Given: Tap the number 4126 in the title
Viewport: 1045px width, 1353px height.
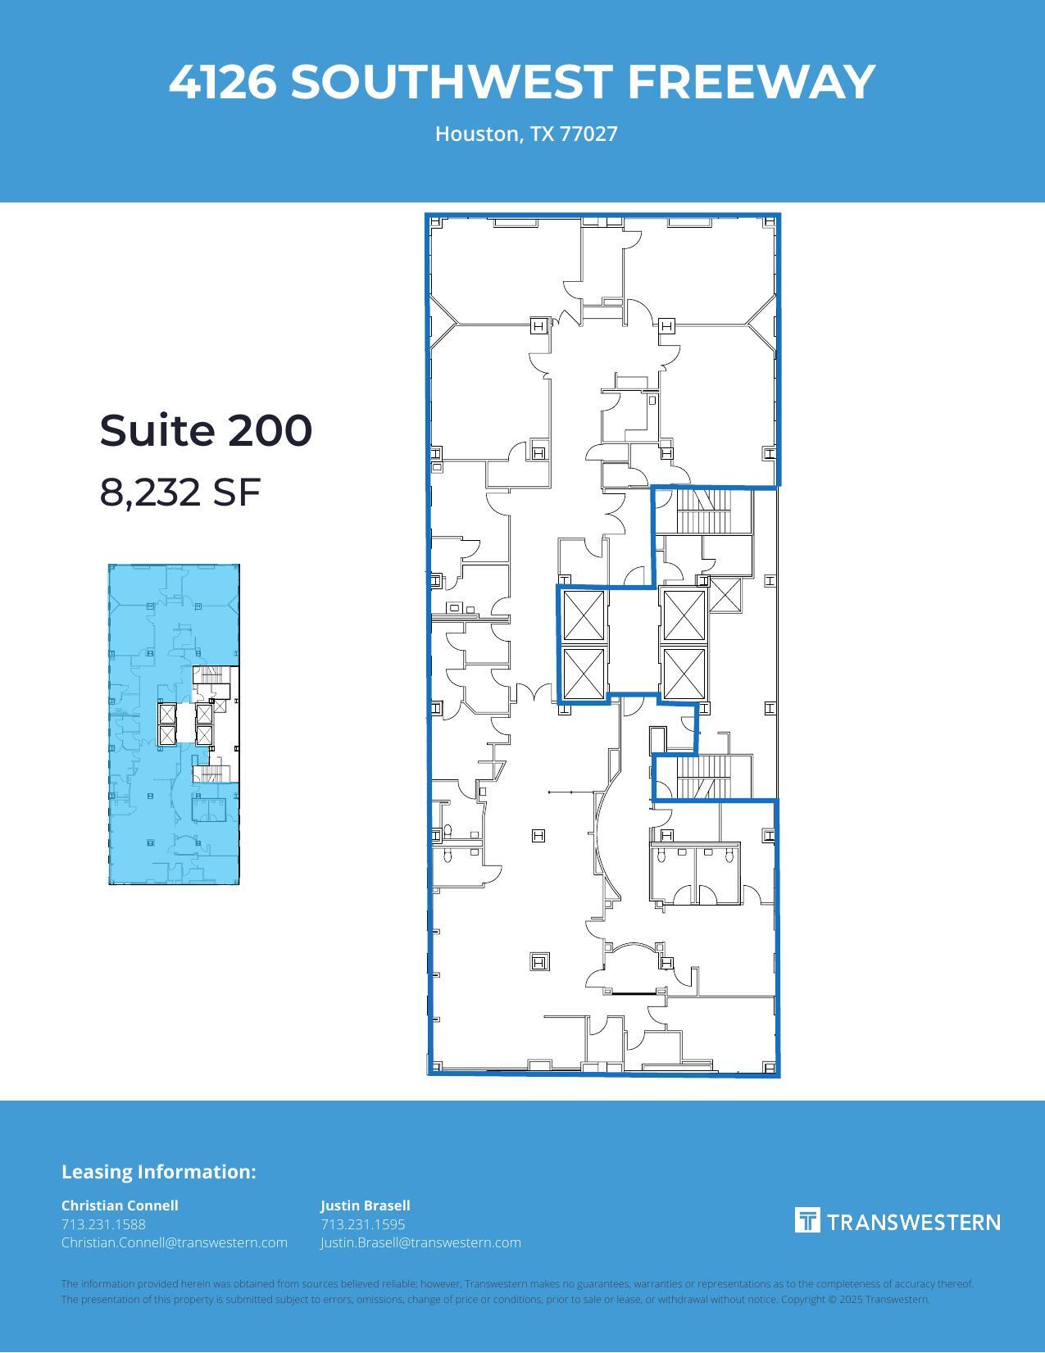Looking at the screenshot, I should coord(222,82).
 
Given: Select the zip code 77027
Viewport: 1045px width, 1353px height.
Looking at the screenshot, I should coord(588,134).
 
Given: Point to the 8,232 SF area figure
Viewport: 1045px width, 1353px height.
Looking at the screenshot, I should coord(179,492).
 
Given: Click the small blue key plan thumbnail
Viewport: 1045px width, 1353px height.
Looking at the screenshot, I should coord(174,724).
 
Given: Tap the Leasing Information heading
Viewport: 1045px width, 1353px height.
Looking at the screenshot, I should coord(158,1171).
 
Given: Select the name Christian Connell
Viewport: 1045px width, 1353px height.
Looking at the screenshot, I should coord(120,1205).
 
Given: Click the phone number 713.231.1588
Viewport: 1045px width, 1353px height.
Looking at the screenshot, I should coord(103,1224).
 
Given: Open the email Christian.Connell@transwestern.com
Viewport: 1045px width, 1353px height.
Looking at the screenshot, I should coord(174,1242).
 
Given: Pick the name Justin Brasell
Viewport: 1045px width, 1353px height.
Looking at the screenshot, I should coord(365,1205).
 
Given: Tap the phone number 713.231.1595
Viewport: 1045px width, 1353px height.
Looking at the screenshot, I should coord(362,1224).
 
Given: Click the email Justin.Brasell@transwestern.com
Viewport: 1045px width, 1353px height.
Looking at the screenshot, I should coord(420,1242).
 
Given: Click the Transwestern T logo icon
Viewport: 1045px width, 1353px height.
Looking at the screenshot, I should coord(807,1220).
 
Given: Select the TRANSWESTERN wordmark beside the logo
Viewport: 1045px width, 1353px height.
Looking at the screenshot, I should coord(913,1222).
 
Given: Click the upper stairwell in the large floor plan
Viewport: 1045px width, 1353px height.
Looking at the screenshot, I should coord(702,510).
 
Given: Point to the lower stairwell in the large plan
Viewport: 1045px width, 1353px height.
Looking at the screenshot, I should coord(702,777).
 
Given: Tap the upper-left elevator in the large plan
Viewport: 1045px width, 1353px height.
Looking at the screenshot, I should coord(584,615).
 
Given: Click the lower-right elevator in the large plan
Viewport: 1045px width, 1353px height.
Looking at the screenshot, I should coord(684,674).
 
